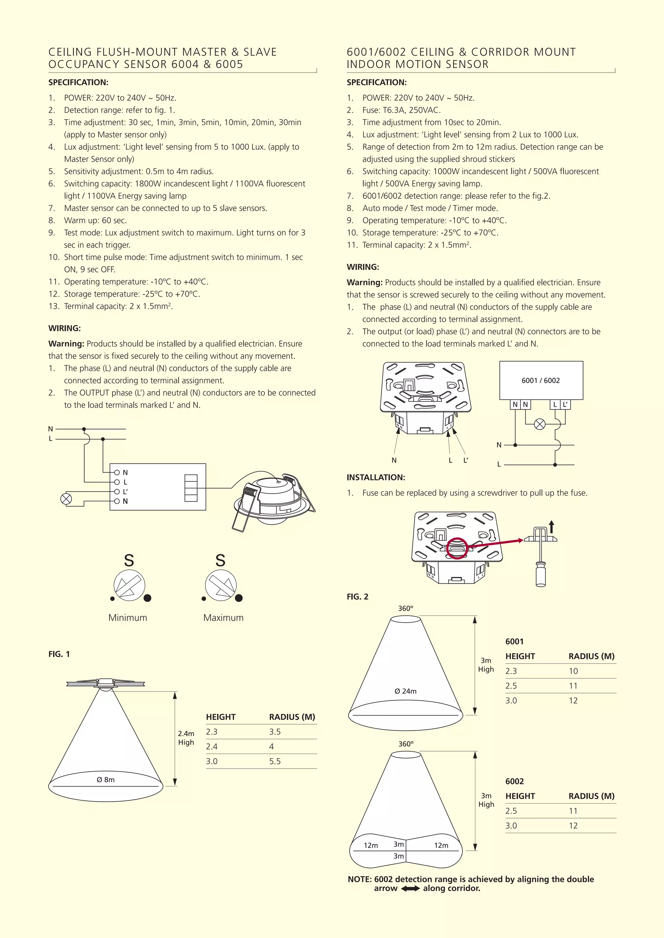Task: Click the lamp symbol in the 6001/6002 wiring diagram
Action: [540, 425]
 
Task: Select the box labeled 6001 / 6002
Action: [541, 380]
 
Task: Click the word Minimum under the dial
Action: [127, 618]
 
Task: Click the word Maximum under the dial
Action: [223, 618]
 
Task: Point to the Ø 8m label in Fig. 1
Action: [105, 780]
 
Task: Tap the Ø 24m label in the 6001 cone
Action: [405, 691]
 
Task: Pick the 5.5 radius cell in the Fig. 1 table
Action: [275, 761]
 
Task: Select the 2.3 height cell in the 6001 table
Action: [511, 671]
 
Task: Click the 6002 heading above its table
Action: [514, 781]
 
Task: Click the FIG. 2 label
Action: [357, 597]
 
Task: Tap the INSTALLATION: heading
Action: [376, 477]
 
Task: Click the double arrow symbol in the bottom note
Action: [410, 888]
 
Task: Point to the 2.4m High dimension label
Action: [186, 738]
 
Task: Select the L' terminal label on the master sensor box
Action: [125, 491]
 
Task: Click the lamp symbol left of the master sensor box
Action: [66, 499]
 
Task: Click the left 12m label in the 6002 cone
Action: [371, 845]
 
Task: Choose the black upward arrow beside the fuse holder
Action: [551, 526]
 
